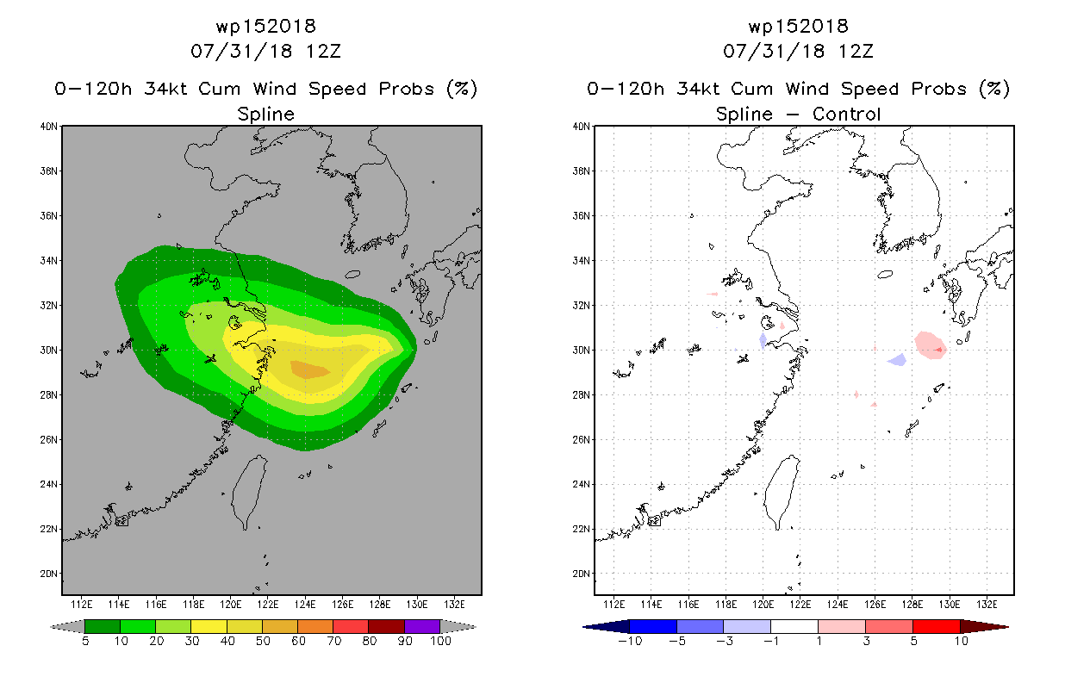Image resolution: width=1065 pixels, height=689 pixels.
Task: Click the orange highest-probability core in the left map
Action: point(309,369)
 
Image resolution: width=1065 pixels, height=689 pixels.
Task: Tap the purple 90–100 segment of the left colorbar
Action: point(422,626)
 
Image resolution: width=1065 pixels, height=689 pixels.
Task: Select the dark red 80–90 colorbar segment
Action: point(386,626)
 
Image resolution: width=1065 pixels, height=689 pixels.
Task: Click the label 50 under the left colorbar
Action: point(263,641)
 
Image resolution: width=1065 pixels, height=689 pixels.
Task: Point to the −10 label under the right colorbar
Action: point(630,641)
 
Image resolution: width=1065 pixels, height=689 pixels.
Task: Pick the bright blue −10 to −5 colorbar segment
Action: point(653,626)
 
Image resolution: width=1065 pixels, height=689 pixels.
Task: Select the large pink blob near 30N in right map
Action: point(930,345)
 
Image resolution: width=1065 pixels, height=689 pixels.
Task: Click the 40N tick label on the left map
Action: point(48,127)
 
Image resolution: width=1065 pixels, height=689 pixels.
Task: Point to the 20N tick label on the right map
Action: point(581,574)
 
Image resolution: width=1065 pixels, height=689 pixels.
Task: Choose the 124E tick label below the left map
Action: point(305,605)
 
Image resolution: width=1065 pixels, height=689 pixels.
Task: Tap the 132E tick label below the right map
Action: point(987,605)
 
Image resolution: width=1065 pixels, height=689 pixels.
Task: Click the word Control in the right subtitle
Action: point(846,114)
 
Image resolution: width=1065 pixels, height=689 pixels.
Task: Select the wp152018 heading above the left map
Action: point(265,26)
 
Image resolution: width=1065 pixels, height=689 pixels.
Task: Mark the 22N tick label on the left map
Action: point(48,529)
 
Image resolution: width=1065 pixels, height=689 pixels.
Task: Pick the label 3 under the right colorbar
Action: point(866,641)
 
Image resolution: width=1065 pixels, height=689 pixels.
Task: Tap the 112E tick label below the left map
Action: point(81,605)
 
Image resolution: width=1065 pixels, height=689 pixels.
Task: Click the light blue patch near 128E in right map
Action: point(898,360)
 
